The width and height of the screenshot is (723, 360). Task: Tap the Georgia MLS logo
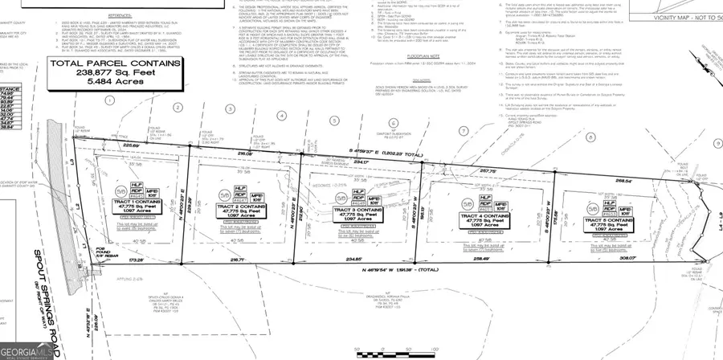(x=24, y=351)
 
